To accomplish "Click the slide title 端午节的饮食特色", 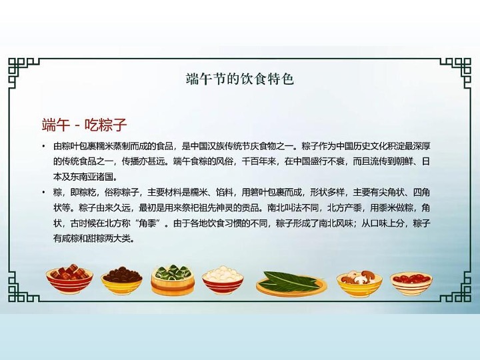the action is point(240,79).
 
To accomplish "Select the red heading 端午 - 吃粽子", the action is point(84,125).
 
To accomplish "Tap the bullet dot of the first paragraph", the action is point(44,146).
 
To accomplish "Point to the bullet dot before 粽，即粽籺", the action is point(44,193).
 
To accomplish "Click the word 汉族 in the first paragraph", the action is point(217,146).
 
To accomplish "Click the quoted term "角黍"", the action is point(151,223).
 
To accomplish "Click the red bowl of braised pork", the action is point(69,279).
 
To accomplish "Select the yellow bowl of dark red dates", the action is point(122,281).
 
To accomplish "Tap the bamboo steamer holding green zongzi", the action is point(173,280).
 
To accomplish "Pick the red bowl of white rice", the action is point(223,281).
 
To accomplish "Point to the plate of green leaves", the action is point(290,284).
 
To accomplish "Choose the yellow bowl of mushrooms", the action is point(359,284).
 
